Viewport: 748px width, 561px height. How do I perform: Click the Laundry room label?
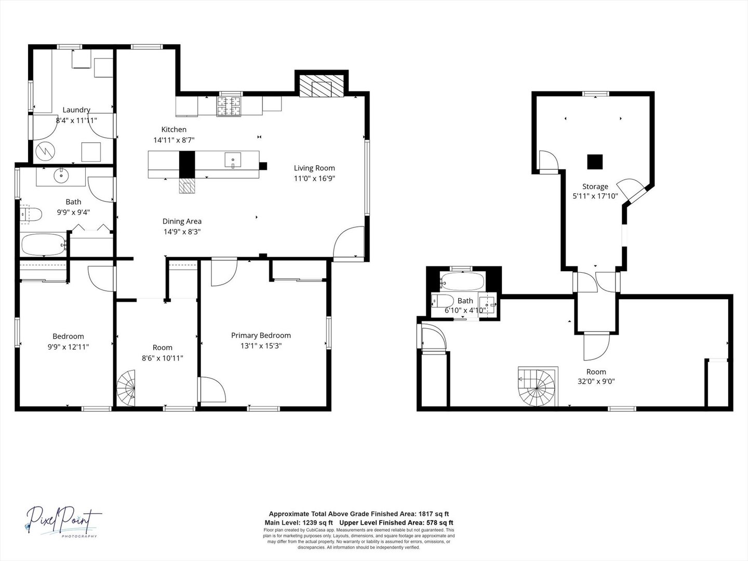coord(76,110)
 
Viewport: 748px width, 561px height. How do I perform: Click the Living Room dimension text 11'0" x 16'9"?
coord(314,178)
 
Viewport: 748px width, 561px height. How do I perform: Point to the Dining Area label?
coord(182,221)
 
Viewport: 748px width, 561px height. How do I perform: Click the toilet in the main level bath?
coord(31,213)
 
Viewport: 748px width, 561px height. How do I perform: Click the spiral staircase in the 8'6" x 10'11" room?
coord(126,388)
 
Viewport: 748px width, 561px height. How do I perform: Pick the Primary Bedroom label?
coord(261,336)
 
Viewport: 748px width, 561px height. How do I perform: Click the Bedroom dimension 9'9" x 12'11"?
coord(68,346)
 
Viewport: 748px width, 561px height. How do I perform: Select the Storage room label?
coord(595,186)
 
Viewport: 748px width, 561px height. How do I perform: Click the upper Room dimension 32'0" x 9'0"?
coord(596,381)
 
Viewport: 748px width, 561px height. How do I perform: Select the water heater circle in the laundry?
coord(44,152)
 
